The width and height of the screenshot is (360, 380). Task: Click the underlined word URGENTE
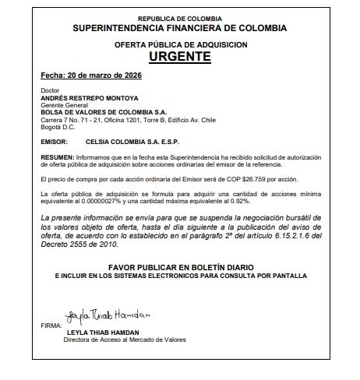coord(179,57)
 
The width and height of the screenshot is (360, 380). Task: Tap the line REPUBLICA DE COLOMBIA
coord(179,17)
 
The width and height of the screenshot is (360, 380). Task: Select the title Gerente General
coord(62,106)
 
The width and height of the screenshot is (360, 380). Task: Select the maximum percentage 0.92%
coord(234,201)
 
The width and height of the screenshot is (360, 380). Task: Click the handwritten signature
coord(108,316)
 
